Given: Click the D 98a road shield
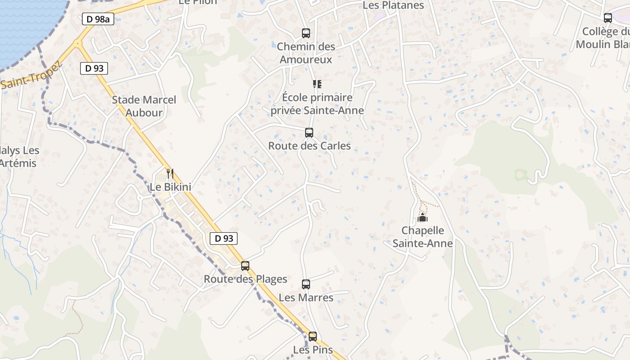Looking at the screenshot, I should pyautogui.click(x=98, y=19).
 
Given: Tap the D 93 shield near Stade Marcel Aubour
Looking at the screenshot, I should pyautogui.click(x=94, y=68).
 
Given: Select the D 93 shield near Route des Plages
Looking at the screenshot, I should pyautogui.click(x=224, y=238).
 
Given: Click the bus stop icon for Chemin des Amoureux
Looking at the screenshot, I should pyautogui.click(x=306, y=33).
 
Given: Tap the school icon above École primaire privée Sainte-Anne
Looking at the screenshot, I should pyautogui.click(x=317, y=84).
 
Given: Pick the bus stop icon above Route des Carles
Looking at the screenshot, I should pyautogui.click(x=309, y=133).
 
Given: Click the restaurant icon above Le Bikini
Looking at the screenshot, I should pyautogui.click(x=170, y=173).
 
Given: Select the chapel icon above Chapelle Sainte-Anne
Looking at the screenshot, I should pyautogui.click(x=423, y=217).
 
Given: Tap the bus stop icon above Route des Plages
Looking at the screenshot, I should pyautogui.click(x=245, y=265).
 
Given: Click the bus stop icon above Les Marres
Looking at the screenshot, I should pyautogui.click(x=306, y=284).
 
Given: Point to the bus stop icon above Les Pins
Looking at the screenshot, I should pyautogui.click(x=313, y=336).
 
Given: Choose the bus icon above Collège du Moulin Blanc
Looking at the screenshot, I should pyautogui.click(x=608, y=18).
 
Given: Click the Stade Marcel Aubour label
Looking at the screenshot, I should pyautogui.click(x=144, y=106).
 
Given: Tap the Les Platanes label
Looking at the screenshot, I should pyautogui.click(x=393, y=5).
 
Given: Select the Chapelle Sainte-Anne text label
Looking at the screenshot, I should pyautogui.click(x=423, y=237).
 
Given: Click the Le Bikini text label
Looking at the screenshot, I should pyautogui.click(x=171, y=187).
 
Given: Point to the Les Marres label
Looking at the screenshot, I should pyautogui.click(x=306, y=297).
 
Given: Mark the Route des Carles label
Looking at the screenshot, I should pyautogui.click(x=310, y=146).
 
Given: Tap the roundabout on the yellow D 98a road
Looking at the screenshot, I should pyautogui.click(x=77, y=44).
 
